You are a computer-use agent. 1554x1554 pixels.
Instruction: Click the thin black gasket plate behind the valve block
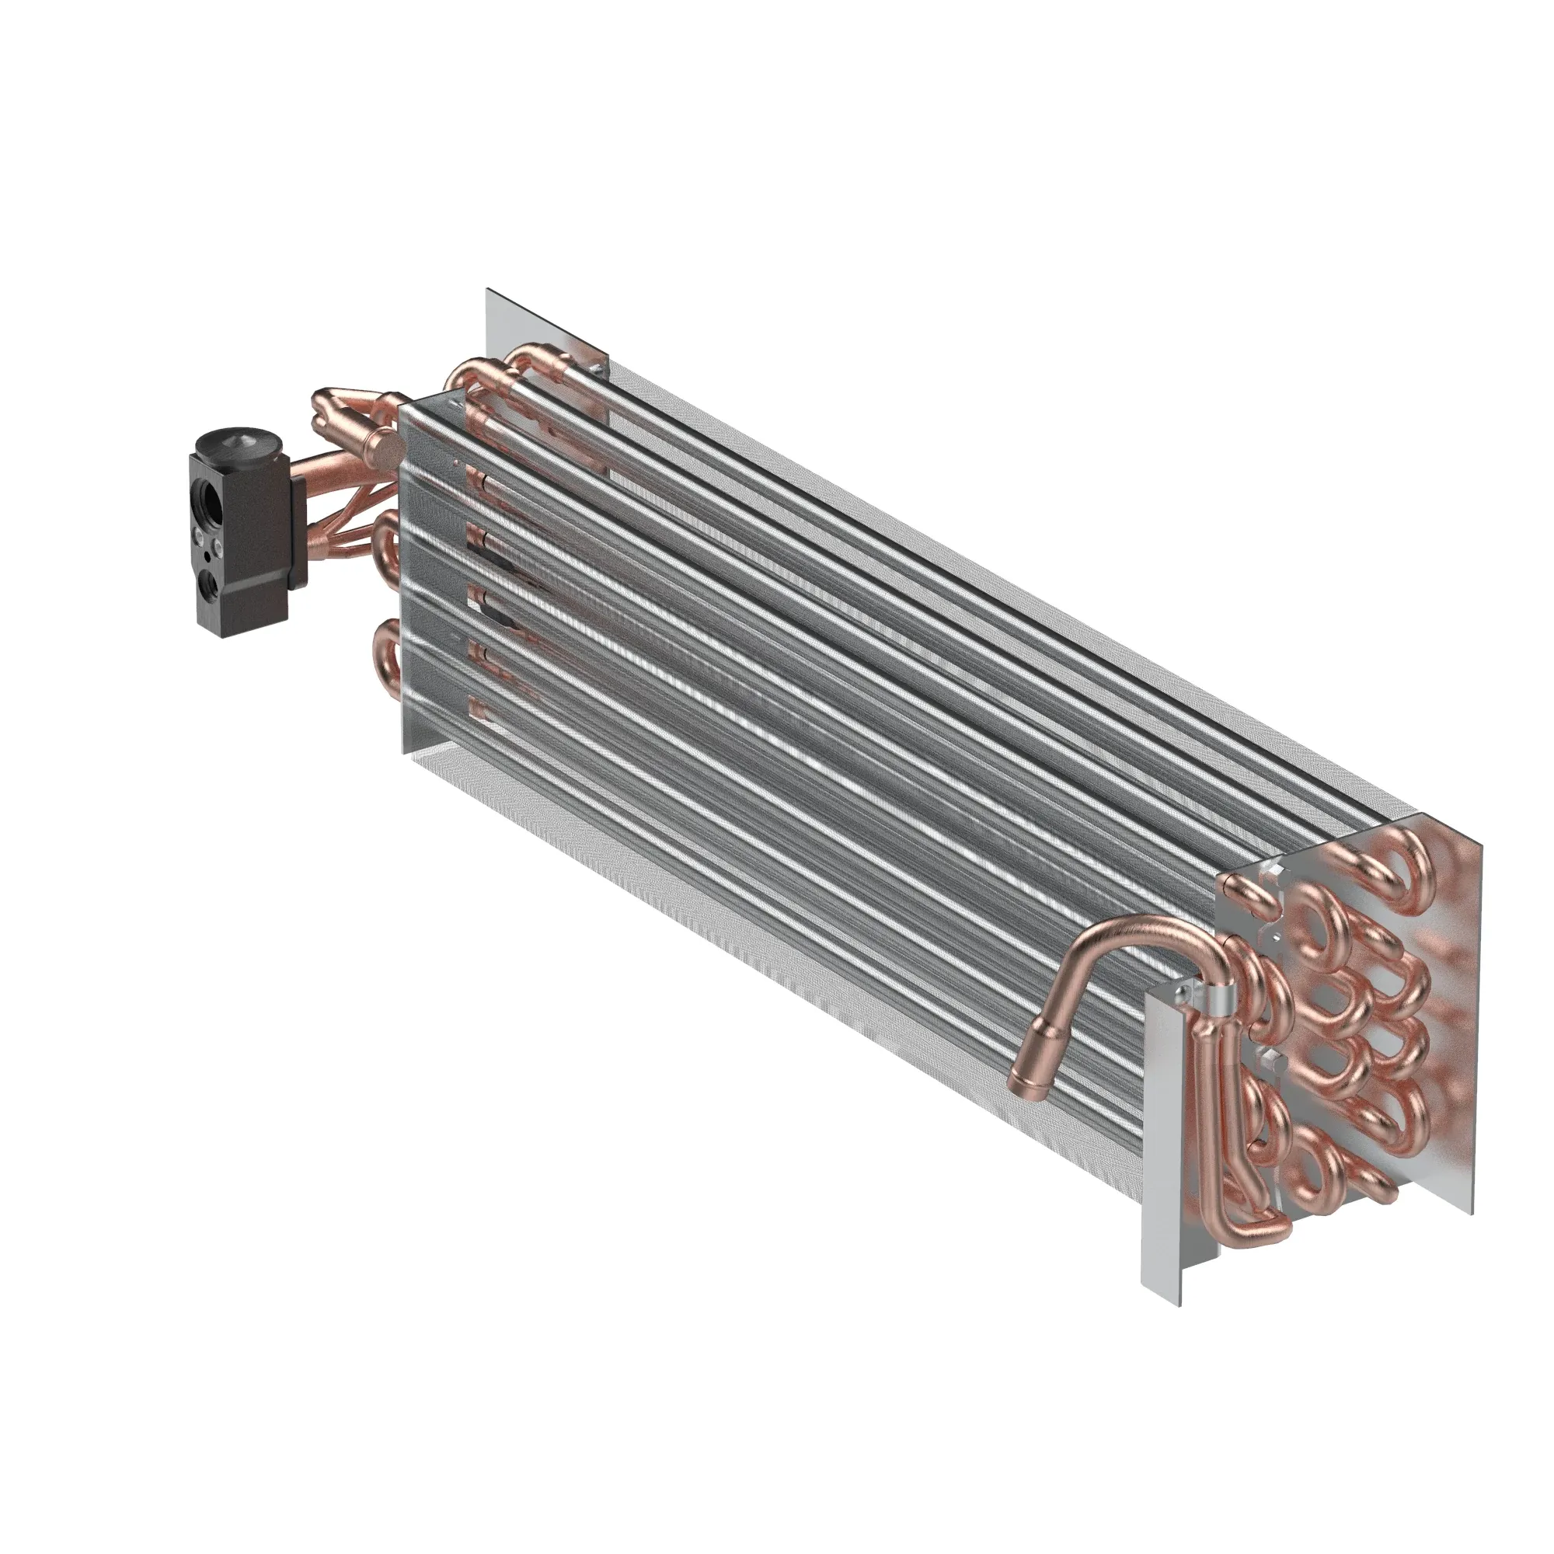298,531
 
